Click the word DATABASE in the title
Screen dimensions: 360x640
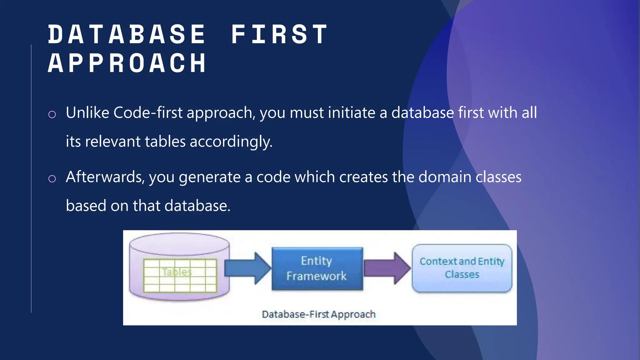[x=127, y=34]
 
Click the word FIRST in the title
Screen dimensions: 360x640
[x=279, y=34]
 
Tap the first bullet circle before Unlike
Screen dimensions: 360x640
[x=52, y=114]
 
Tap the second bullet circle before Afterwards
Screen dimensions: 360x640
[x=52, y=179]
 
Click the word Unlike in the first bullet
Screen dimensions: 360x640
[x=87, y=113]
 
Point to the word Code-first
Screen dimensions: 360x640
[x=148, y=113]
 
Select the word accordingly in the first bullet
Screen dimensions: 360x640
[x=231, y=142]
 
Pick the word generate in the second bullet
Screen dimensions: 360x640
[x=209, y=177]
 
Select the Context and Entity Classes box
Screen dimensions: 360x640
[x=462, y=268]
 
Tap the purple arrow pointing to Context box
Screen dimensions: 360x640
[x=387, y=268]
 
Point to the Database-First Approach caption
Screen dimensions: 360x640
[x=318, y=314]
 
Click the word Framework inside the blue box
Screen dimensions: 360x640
[x=317, y=276]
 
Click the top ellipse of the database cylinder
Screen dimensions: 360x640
[x=179, y=244]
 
